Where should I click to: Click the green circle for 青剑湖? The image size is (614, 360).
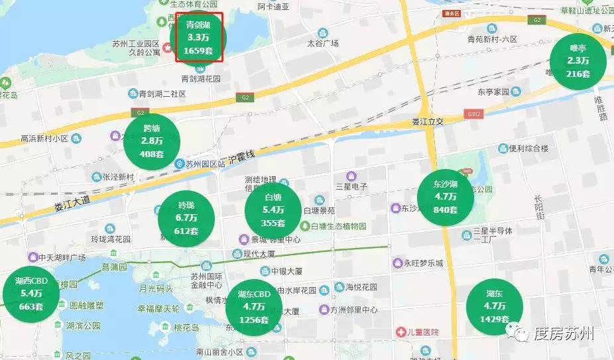(198, 38)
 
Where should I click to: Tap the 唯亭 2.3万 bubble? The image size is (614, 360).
(578, 61)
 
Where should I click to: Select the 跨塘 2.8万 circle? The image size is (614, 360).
(152, 141)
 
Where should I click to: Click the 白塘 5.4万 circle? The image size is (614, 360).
(273, 210)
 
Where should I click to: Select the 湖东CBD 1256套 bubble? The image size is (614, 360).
(254, 307)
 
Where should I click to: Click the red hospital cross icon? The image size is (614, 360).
(400, 331)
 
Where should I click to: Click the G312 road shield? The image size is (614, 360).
(473, 114)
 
